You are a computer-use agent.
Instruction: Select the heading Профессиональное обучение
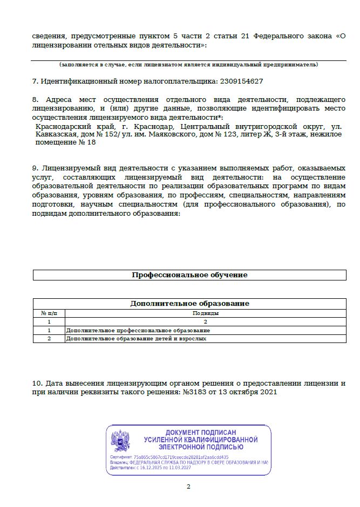[x=189, y=275]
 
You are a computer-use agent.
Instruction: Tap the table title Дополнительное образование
[x=189, y=303]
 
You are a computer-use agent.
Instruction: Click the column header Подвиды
[x=205, y=313]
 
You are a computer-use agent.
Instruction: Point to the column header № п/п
[x=49, y=313]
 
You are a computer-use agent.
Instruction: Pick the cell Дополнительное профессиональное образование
[x=138, y=330]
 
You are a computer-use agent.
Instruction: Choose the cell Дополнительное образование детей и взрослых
[x=136, y=339]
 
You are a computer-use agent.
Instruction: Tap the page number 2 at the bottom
[x=188, y=487]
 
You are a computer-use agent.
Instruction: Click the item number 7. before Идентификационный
[x=35, y=81]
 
